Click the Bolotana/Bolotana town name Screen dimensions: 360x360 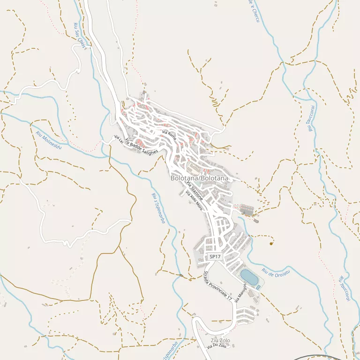(x=200, y=179)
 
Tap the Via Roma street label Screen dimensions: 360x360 (x=169, y=135)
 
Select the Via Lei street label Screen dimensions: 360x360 (x=119, y=139)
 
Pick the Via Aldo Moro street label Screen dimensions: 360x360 (x=194, y=201)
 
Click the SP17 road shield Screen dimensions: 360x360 (x=215, y=256)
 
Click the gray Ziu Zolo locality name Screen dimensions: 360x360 (x=220, y=340)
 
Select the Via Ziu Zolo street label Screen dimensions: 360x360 (x=217, y=346)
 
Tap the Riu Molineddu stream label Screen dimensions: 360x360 (x=49, y=140)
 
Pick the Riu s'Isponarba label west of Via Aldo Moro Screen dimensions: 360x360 (x=158, y=208)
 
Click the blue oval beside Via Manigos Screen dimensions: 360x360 (x=248, y=277)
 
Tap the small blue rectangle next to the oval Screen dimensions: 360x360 (x=258, y=287)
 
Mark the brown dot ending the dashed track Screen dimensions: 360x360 (x=271, y=243)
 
